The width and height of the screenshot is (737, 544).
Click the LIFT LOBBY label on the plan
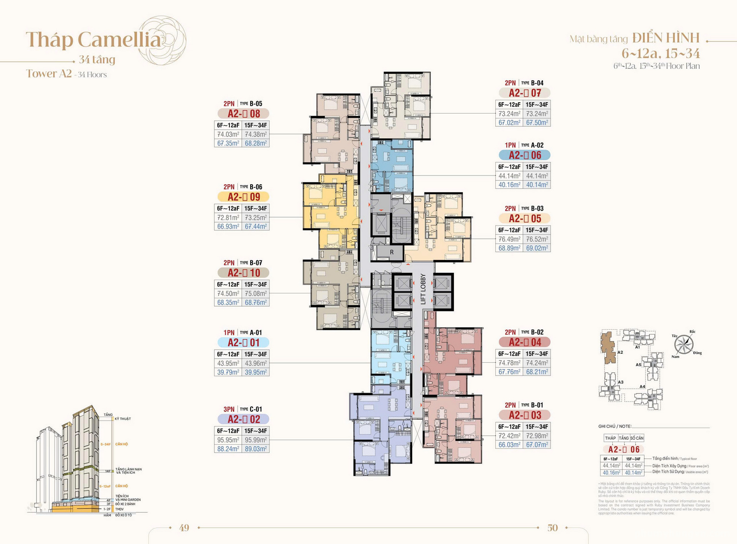coord(423,289)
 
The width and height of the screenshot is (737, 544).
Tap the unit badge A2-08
coord(244,114)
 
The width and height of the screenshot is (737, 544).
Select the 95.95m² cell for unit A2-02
coord(228,440)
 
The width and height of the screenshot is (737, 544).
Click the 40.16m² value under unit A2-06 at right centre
coord(510,185)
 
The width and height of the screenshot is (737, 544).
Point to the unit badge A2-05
coord(524,219)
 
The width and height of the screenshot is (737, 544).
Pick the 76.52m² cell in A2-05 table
coord(537,239)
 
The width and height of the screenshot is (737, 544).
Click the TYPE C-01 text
coord(251,409)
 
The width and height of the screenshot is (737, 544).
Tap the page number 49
coord(184,528)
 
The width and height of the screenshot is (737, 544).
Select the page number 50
coord(552,528)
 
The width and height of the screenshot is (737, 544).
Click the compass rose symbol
coord(683,344)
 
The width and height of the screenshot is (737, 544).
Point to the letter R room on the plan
coord(392,252)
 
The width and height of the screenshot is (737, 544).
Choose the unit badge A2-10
coord(244,273)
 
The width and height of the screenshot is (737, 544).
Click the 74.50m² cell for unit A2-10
coord(228,293)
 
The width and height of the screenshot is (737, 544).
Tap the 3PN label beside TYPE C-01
coord(229,409)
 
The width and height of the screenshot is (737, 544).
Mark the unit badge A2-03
coord(524,415)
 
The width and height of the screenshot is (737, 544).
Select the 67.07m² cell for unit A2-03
coord(537,445)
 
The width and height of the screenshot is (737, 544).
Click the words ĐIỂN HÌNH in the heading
coord(666,38)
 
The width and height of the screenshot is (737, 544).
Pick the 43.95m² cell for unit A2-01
coord(228,363)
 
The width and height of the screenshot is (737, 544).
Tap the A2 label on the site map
coord(620,352)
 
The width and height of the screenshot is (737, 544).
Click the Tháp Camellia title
coord(93,40)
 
